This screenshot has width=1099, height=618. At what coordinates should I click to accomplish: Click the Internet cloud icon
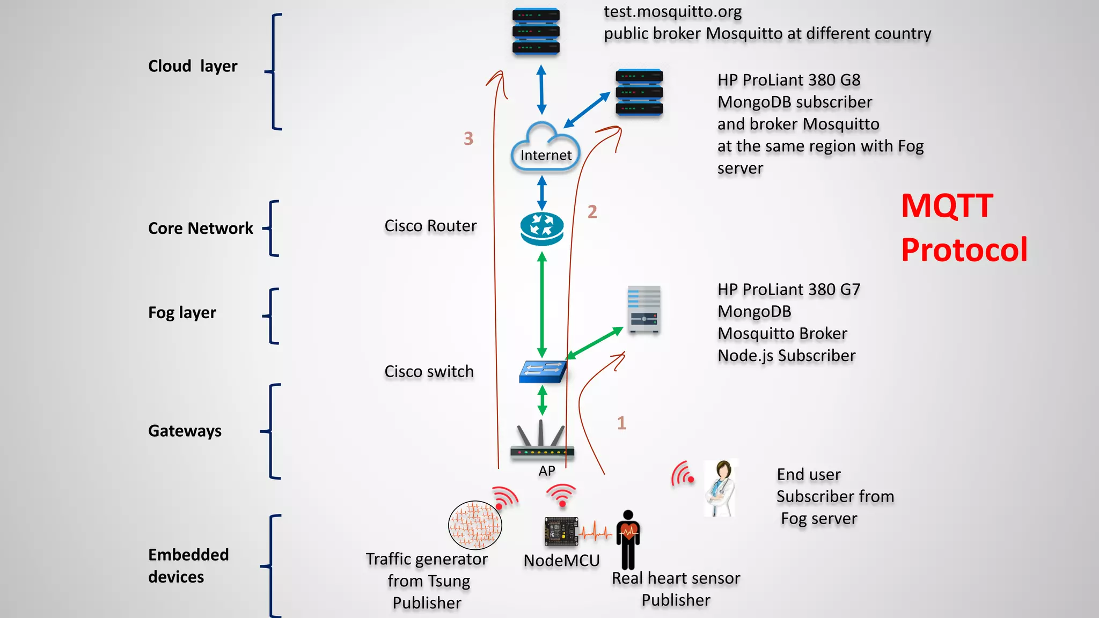[545, 148]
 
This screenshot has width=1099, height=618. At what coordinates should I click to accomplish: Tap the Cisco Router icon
[542, 229]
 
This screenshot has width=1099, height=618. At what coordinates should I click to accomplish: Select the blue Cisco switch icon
[543, 371]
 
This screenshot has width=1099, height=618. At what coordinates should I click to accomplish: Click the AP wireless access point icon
[542, 443]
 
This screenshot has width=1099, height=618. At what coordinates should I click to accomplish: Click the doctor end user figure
[720, 488]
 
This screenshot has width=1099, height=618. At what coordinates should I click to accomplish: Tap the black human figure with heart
[628, 540]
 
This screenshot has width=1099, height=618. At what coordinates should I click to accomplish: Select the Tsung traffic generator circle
[475, 525]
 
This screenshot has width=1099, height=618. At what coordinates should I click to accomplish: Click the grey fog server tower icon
[644, 310]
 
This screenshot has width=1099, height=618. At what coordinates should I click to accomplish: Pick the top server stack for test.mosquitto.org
[536, 32]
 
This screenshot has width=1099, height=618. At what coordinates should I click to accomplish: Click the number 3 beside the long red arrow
[468, 139]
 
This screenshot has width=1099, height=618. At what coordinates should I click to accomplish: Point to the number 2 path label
[592, 212]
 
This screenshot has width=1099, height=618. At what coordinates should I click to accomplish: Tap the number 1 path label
[621, 423]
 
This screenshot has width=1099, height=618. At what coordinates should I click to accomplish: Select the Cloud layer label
[193, 67]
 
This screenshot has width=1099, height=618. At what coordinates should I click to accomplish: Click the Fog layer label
[182, 313]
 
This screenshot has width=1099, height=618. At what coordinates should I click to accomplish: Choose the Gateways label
[185, 431]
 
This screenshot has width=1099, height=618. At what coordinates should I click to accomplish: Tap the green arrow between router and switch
[542, 305]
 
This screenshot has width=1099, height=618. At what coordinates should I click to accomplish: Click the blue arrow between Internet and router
[542, 193]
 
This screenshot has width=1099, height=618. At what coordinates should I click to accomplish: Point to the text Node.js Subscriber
[786, 356]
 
